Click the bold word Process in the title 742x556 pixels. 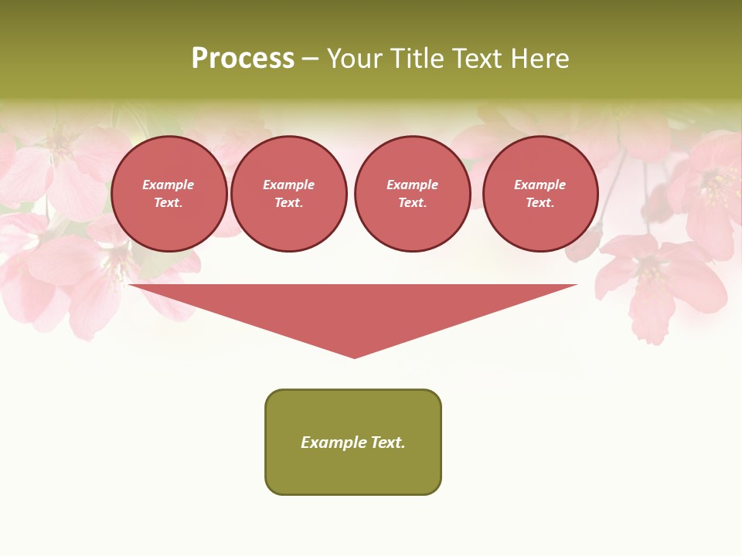(x=243, y=58)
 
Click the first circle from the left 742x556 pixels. (x=168, y=194)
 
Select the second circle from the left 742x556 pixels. (x=288, y=194)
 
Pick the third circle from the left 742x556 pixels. (x=412, y=194)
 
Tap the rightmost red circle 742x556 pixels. (x=539, y=194)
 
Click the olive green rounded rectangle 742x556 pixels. (x=353, y=471)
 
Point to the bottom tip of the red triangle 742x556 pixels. (x=354, y=357)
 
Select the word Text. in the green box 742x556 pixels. (x=388, y=442)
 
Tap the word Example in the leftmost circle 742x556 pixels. (x=168, y=185)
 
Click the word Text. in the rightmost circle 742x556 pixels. (x=539, y=203)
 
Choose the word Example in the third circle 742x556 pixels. (x=412, y=185)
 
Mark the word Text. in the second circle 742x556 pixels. (x=288, y=203)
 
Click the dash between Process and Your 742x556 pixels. (x=311, y=59)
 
